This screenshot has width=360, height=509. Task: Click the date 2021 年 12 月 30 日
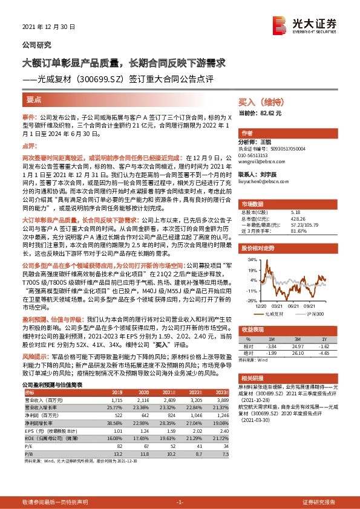(x=48, y=27)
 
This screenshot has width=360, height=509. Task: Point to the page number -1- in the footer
(x=179, y=502)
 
